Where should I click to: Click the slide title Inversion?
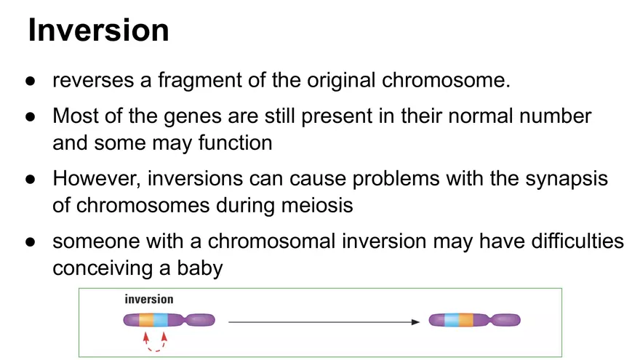click(x=98, y=31)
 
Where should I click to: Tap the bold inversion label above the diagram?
click(x=149, y=299)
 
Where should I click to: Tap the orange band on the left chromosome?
click(x=146, y=320)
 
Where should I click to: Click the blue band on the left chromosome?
click(x=161, y=320)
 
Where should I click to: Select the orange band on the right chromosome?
click(x=466, y=320)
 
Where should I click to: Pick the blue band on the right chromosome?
click(x=452, y=320)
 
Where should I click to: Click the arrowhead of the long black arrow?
click(x=416, y=321)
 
